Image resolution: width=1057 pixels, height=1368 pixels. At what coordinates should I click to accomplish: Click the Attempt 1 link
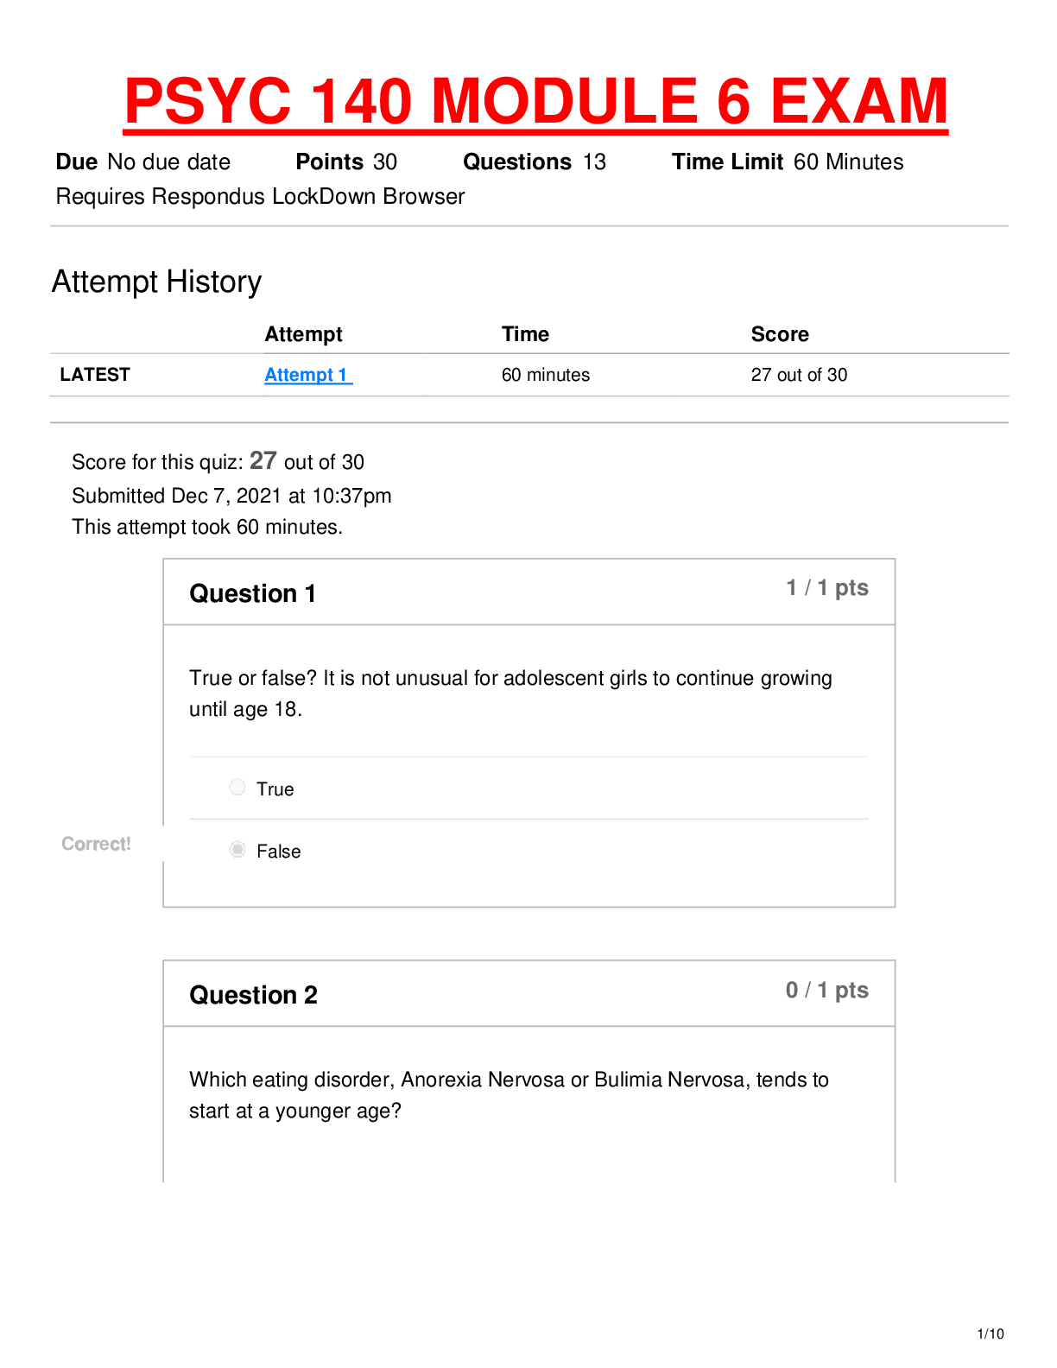[x=307, y=375]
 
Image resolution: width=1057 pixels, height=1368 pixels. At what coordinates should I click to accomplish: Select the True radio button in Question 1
[x=237, y=787]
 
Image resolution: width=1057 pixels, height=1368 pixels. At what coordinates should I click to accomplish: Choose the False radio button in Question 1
[x=237, y=849]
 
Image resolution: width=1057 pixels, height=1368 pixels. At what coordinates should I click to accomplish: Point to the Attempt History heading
[x=156, y=282]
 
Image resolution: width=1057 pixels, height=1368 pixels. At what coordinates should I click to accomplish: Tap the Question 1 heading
[x=252, y=593]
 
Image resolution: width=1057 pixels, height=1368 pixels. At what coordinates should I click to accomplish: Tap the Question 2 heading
[x=253, y=995]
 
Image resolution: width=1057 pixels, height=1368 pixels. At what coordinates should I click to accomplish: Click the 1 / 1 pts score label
[x=826, y=587]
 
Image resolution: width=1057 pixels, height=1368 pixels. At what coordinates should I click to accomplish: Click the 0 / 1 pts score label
[x=826, y=990]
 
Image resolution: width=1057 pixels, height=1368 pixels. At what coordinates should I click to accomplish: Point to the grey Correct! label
[x=96, y=844]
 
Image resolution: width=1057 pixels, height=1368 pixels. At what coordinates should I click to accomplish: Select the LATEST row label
[x=94, y=375]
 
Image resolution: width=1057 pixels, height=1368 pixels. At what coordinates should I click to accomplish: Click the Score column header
[x=780, y=333]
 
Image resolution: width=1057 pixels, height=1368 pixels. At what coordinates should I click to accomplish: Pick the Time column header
[x=525, y=333]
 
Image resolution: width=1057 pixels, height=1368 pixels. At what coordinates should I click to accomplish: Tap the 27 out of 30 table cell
[x=798, y=375]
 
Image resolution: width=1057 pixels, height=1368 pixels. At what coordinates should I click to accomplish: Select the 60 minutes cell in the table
[x=545, y=375]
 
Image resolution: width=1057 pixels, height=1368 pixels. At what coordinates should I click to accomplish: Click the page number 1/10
[x=991, y=1333]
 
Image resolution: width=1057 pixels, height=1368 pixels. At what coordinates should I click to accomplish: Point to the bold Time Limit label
[x=727, y=161]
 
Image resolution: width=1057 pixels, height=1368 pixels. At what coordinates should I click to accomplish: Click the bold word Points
[x=329, y=161]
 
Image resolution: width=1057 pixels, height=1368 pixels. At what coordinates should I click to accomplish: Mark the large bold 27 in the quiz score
[x=263, y=460]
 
